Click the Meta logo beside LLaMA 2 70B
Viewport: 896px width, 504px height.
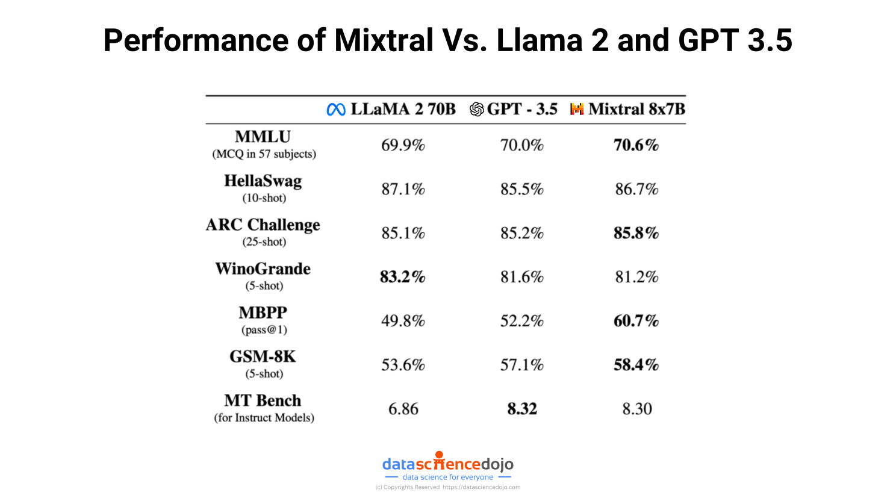[336, 109]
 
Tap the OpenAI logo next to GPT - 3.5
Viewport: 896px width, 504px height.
[476, 109]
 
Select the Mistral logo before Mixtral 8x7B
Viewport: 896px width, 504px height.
[577, 109]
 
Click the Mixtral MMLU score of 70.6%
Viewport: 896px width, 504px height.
[636, 145]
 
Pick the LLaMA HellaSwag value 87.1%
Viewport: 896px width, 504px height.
[403, 189]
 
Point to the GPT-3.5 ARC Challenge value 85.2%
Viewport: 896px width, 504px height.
[521, 233]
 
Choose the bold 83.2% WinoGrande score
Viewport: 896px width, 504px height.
[402, 277]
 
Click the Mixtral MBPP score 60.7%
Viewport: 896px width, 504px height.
[636, 321]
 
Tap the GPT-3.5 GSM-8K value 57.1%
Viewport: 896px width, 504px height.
[521, 365]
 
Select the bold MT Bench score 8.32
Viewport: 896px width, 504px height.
[521, 409]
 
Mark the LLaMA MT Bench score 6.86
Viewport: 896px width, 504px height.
[403, 409]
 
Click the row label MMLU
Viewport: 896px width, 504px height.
[263, 137]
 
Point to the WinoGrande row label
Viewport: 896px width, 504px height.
[263, 269]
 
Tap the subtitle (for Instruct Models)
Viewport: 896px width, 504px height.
[264, 417]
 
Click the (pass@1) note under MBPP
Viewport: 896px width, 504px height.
[264, 329]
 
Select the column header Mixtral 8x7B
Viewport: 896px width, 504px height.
[636, 109]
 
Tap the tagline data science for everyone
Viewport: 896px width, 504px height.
[447, 477]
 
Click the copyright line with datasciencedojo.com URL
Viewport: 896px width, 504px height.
[447, 487]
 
